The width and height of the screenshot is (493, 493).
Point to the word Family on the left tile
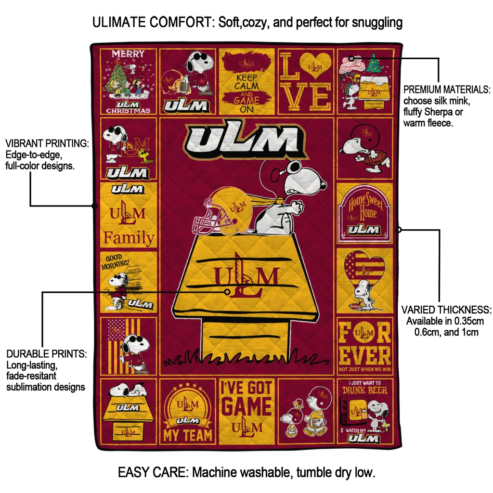tap(129, 237)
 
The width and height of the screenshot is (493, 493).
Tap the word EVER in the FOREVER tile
tap(365, 356)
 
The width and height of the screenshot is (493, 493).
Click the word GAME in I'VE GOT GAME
tap(246, 407)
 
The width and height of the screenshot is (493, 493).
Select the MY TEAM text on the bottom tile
tap(188, 435)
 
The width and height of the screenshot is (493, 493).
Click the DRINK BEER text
tap(364, 390)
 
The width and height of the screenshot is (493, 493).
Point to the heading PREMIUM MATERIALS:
tap(447, 90)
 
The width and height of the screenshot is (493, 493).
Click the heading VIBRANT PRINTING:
tap(47, 144)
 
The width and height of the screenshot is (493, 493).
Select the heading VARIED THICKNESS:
tap(446, 310)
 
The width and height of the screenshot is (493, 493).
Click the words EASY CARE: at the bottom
tap(153, 472)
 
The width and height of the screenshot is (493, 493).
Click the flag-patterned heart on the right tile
tap(365, 270)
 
